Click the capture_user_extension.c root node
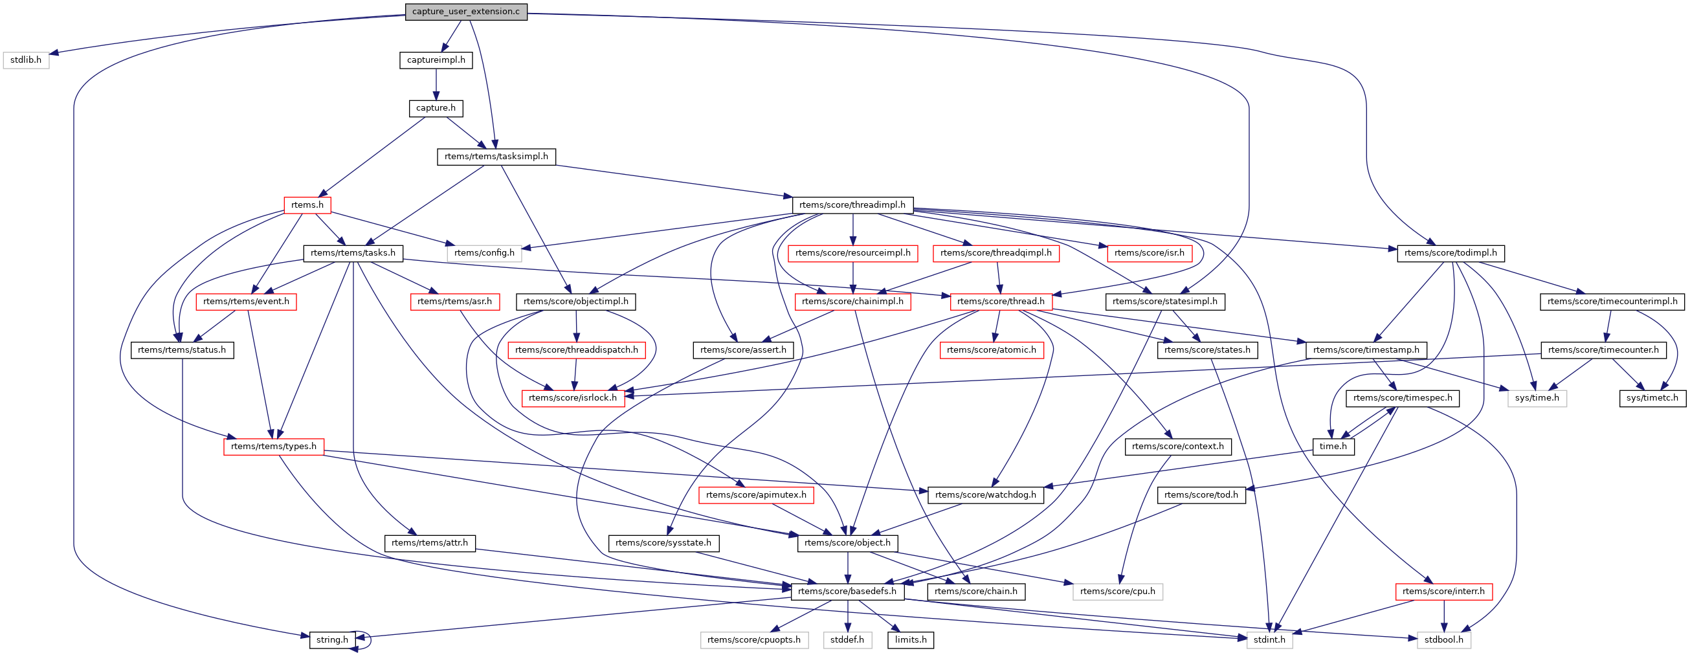pyautogui.click(x=466, y=12)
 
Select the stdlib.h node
pyautogui.click(x=27, y=60)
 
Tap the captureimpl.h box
pyautogui.click(x=436, y=60)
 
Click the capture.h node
pyautogui.click(x=436, y=108)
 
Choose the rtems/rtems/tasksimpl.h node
pyautogui.click(x=496, y=157)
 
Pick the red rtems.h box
pyautogui.click(x=307, y=205)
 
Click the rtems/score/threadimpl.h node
pyautogui.click(x=852, y=205)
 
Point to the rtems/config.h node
pyautogui.click(x=484, y=253)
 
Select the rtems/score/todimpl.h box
pyautogui.click(x=1451, y=253)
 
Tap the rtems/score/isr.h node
pyautogui.click(x=1150, y=253)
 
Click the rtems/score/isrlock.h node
pyautogui.click(x=573, y=399)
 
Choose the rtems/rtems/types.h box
pyautogui.click(x=274, y=447)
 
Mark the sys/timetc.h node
pyautogui.click(x=1652, y=399)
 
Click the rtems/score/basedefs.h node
pyautogui.click(x=847, y=592)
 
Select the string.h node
pyautogui.click(x=332, y=640)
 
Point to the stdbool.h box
pyautogui.click(x=1444, y=640)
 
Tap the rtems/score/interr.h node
pyautogui.click(x=1443, y=592)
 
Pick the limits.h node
pyautogui.click(x=911, y=640)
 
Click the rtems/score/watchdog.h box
pyautogui.click(x=985, y=496)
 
